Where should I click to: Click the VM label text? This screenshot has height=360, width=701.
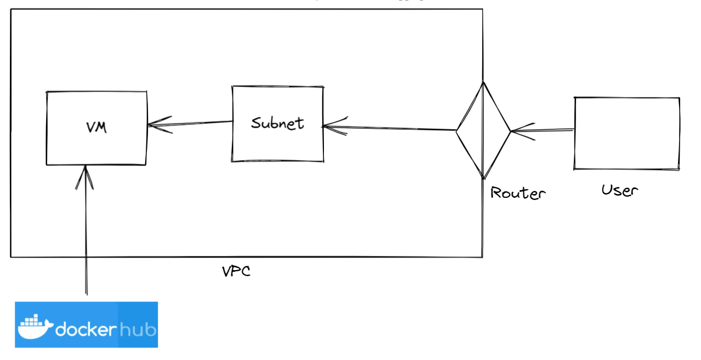(96, 128)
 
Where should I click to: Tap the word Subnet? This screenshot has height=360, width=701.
(277, 123)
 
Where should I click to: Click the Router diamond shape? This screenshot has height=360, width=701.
(483, 131)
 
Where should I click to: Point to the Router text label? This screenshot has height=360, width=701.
(518, 193)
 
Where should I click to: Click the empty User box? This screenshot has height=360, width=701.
(626, 133)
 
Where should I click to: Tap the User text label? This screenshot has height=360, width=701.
(620, 191)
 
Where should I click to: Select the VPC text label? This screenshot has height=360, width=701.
(236, 271)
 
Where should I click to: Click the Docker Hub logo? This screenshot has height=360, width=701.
(86, 324)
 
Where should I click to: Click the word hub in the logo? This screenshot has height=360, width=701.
(138, 329)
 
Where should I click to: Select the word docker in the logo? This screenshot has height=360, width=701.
(86, 329)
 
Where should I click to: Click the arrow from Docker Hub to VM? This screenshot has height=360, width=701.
(86, 236)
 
